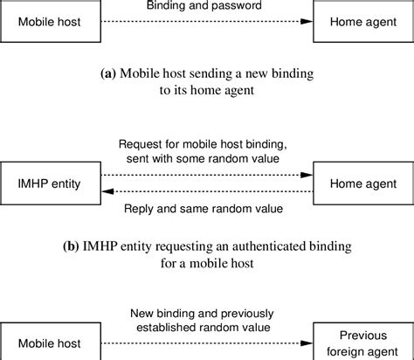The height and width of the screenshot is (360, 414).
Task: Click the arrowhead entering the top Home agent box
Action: coord(307,22)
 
